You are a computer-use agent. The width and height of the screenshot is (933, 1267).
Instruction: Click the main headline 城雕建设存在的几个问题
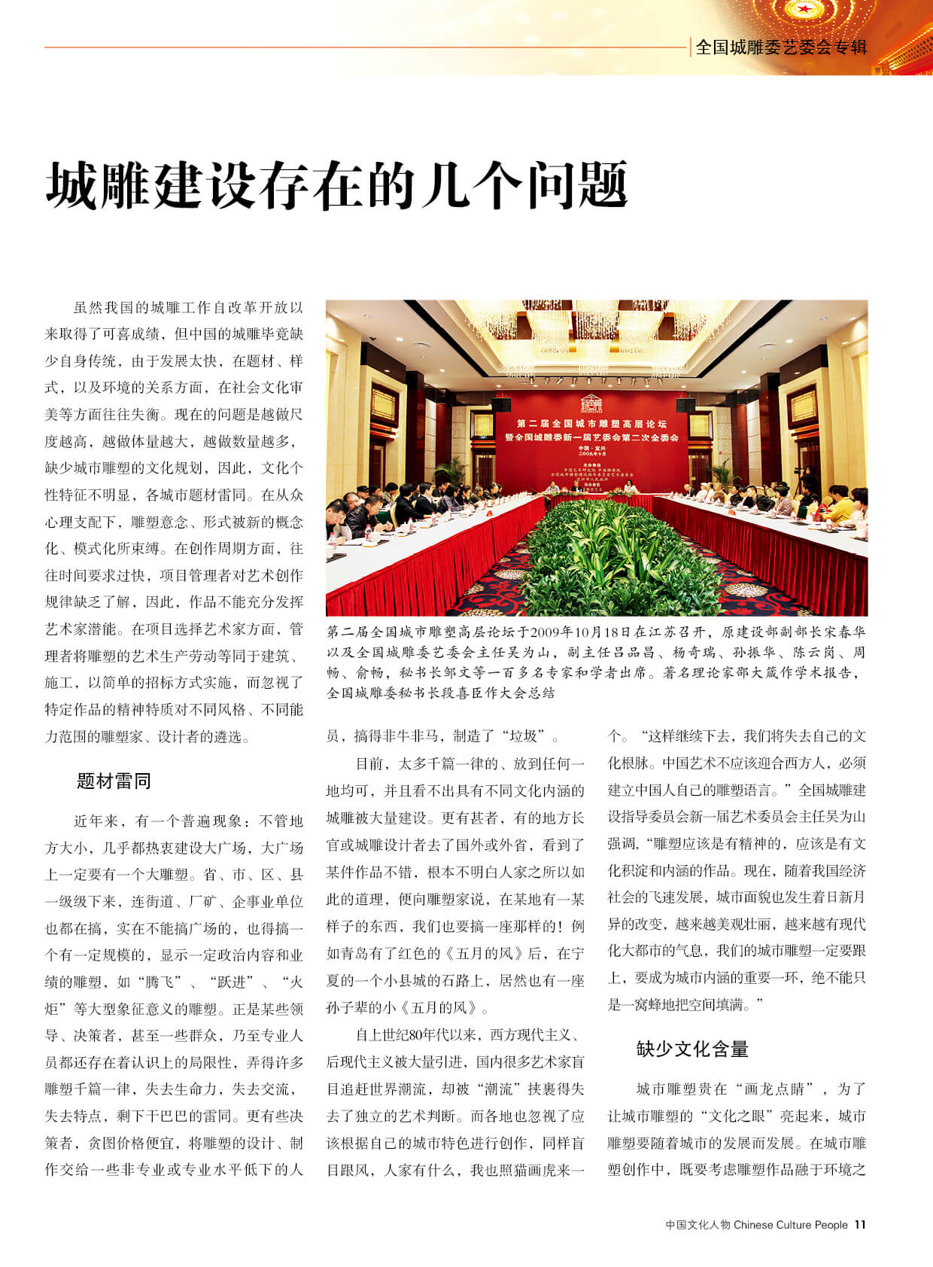pos(336,184)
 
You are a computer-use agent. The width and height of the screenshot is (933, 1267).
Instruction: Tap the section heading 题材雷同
pos(114,781)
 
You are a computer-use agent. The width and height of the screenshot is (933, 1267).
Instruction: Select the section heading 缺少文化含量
pos(692,1049)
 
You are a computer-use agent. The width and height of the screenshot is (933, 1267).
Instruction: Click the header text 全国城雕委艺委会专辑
pos(781,47)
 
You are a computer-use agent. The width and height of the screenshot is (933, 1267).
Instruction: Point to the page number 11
pos(860,1225)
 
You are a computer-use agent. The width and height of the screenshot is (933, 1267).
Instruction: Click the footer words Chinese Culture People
pos(790,1225)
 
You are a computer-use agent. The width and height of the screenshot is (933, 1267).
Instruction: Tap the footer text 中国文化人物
pos(697,1225)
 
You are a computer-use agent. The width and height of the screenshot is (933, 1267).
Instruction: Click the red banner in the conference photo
pos(597,444)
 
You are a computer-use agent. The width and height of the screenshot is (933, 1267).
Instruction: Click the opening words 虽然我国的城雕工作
pos(146,307)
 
